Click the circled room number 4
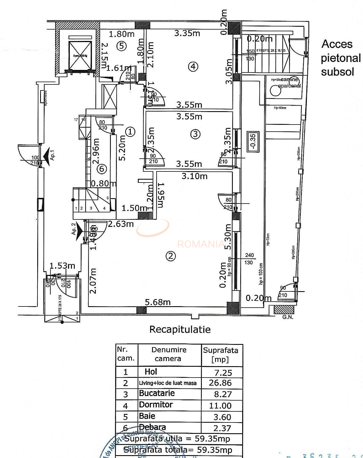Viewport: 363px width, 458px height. (193, 67)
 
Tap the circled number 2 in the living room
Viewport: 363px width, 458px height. (171, 256)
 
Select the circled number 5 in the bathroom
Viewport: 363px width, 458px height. (121, 46)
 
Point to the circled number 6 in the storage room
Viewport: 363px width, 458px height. (102, 169)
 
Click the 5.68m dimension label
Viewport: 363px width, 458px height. (158, 302)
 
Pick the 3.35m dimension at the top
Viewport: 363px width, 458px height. (187, 33)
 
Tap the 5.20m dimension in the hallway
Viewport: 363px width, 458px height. (122, 148)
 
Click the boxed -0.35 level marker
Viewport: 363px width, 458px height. (253, 142)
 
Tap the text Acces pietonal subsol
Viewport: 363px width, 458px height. (340, 58)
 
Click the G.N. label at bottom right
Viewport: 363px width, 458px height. (288, 317)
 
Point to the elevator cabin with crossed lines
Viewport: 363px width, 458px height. (80, 56)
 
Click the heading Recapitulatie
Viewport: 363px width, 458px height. (180, 329)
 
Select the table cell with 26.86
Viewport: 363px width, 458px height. (220, 383)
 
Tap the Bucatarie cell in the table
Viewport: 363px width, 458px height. (157, 393)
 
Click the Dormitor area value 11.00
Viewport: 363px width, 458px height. (220, 406)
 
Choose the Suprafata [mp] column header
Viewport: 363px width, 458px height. (220, 355)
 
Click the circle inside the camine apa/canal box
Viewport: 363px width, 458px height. (275, 91)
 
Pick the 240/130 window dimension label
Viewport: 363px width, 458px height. (249, 259)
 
